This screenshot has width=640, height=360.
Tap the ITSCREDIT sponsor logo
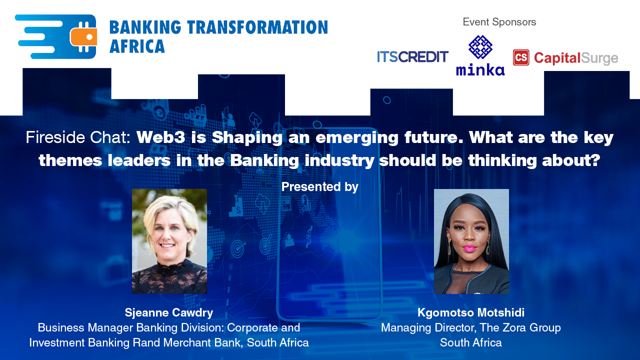pyautogui.click(x=412, y=57)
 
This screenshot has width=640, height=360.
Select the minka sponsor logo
pyautogui.click(x=480, y=55)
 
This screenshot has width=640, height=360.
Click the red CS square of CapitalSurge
pyautogui.click(x=521, y=57)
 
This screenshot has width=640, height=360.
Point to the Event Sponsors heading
pyautogui.click(x=499, y=22)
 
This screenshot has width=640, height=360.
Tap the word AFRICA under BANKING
pyautogui.click(x=137, y=46)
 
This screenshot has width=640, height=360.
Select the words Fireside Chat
pyautogui.click(x=78, y=137)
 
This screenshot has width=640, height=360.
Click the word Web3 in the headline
pyautogui.click(x=160, y=137)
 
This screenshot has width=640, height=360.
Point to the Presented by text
pyautogui.click(x=319, y=187)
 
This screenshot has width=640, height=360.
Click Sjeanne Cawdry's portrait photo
pyautogui.click(x=169, y=241)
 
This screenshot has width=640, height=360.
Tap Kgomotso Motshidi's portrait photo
pyautogui.click(x=471, y=241)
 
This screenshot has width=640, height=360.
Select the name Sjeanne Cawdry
pyautogui.click(x=169, y=313)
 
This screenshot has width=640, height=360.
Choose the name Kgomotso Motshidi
pyautogui.click(x=471, y=313)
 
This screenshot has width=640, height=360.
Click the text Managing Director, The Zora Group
pyautogui.click(x=471, y=328)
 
